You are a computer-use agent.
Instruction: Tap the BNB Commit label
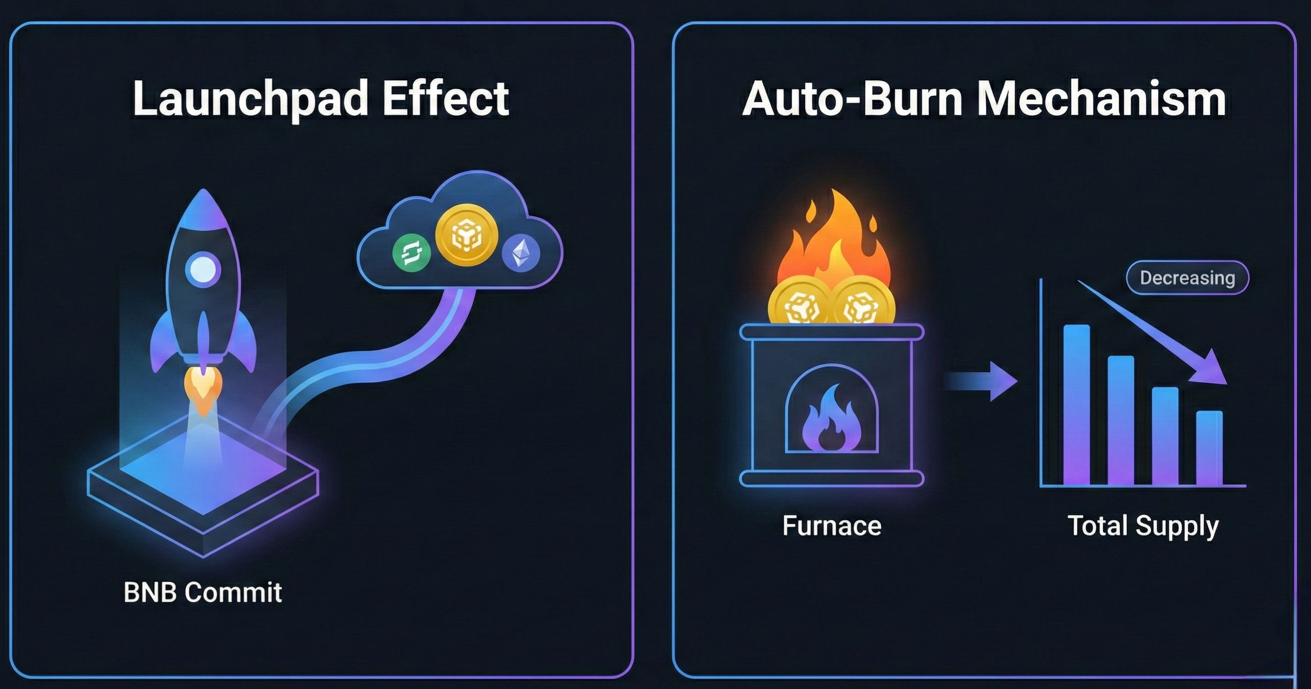point(203,593)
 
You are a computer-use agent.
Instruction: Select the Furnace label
point(831,525)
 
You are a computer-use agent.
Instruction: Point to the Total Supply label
point(1143,526)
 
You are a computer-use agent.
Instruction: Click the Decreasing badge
point(1187,278)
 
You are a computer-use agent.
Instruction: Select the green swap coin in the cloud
point(411,252)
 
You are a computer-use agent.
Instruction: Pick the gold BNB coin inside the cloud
point(466,235)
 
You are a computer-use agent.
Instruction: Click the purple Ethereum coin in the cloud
point(520,252)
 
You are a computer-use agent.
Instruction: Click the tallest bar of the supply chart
point(1076,405)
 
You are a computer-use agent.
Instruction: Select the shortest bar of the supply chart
point(1209,448)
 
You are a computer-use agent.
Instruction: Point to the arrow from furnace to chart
point(980,381)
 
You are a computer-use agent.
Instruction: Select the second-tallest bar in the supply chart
point(1121,420)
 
